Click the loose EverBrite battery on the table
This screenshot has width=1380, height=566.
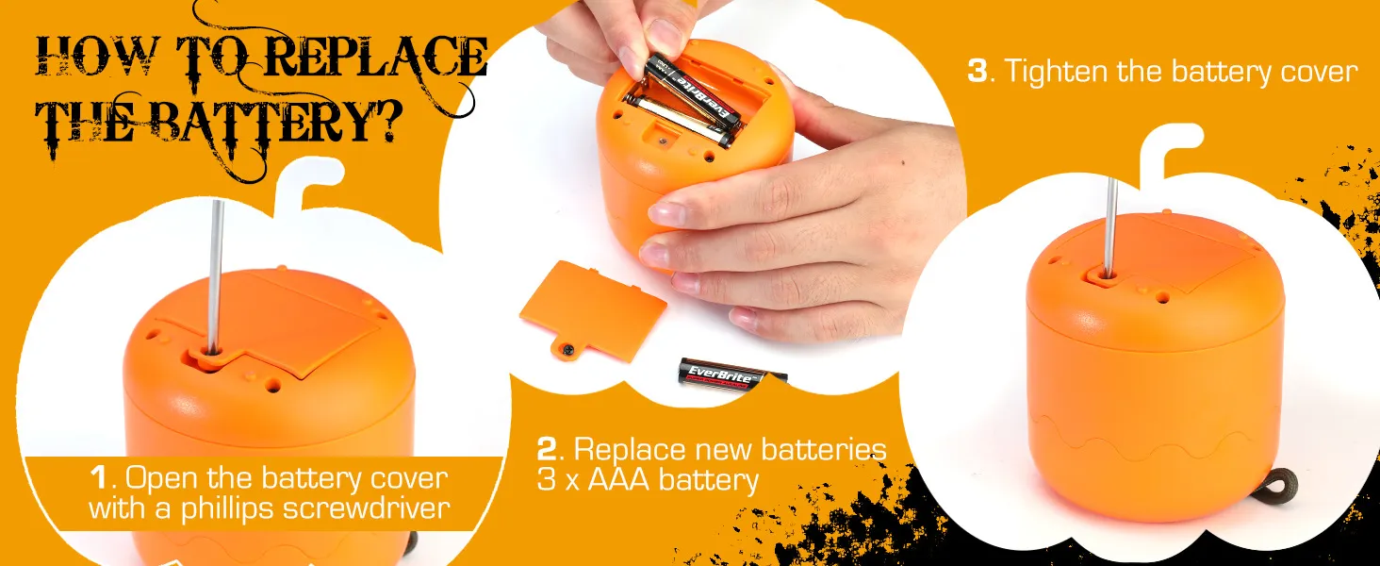(x=732, y=375)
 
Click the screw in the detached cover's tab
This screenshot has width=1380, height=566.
(x=567, y=350)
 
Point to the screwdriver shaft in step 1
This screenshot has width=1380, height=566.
(x=215, y=276)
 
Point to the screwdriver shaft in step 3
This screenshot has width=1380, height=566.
(x=1110, y=227)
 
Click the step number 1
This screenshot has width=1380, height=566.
(x=99, y=478)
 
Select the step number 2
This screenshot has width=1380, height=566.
(x=546, y=449)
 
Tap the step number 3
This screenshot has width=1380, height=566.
(x=977, y=71)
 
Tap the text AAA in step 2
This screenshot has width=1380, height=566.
(x=618, y=480)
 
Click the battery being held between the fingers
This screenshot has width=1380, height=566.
(x=692, y=92)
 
